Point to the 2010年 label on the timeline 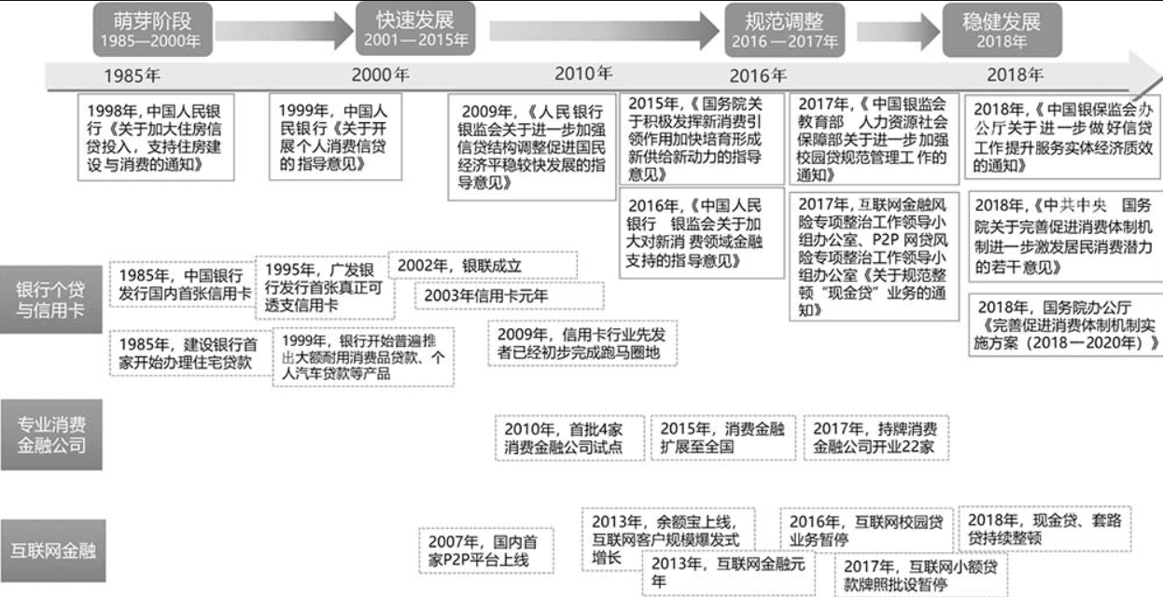coord(583,74)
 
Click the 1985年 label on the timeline coord(131,76)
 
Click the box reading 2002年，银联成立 coord(483,266)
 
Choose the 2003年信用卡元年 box coord(482,296)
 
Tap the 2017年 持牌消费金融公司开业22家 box coord(874,437)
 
